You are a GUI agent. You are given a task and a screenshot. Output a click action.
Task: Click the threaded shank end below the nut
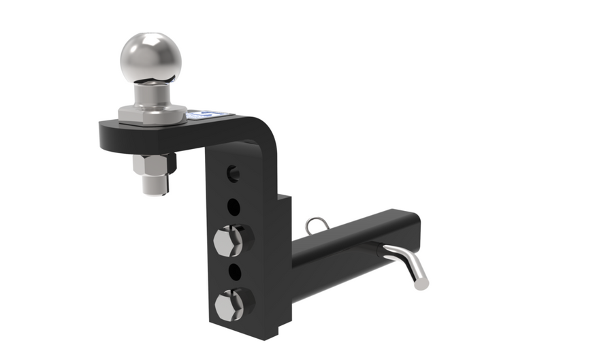[156, 184]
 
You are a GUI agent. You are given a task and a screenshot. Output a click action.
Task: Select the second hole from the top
[234, 206]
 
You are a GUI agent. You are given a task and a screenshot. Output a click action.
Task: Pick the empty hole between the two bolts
[234, 272]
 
